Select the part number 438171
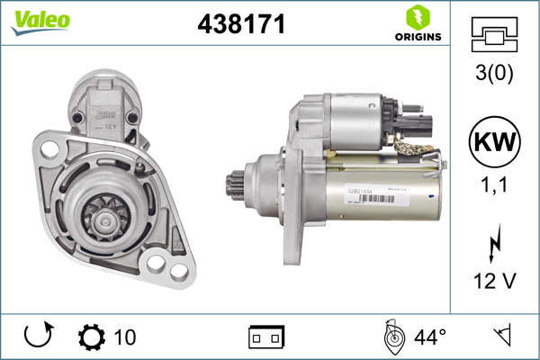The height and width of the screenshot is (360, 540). (241, 25)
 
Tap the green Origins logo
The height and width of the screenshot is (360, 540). (416, 24)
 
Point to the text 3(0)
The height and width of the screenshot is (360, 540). (494, 75)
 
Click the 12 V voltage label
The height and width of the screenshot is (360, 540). (494, 281)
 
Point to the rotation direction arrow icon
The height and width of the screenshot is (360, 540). (37, 337)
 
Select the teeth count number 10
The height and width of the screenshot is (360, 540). (124, 337)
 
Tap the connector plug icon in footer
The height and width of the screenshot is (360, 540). (266, 337)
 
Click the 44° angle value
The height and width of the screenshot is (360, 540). (429, 337)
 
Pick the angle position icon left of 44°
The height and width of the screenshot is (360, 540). (392, 337)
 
